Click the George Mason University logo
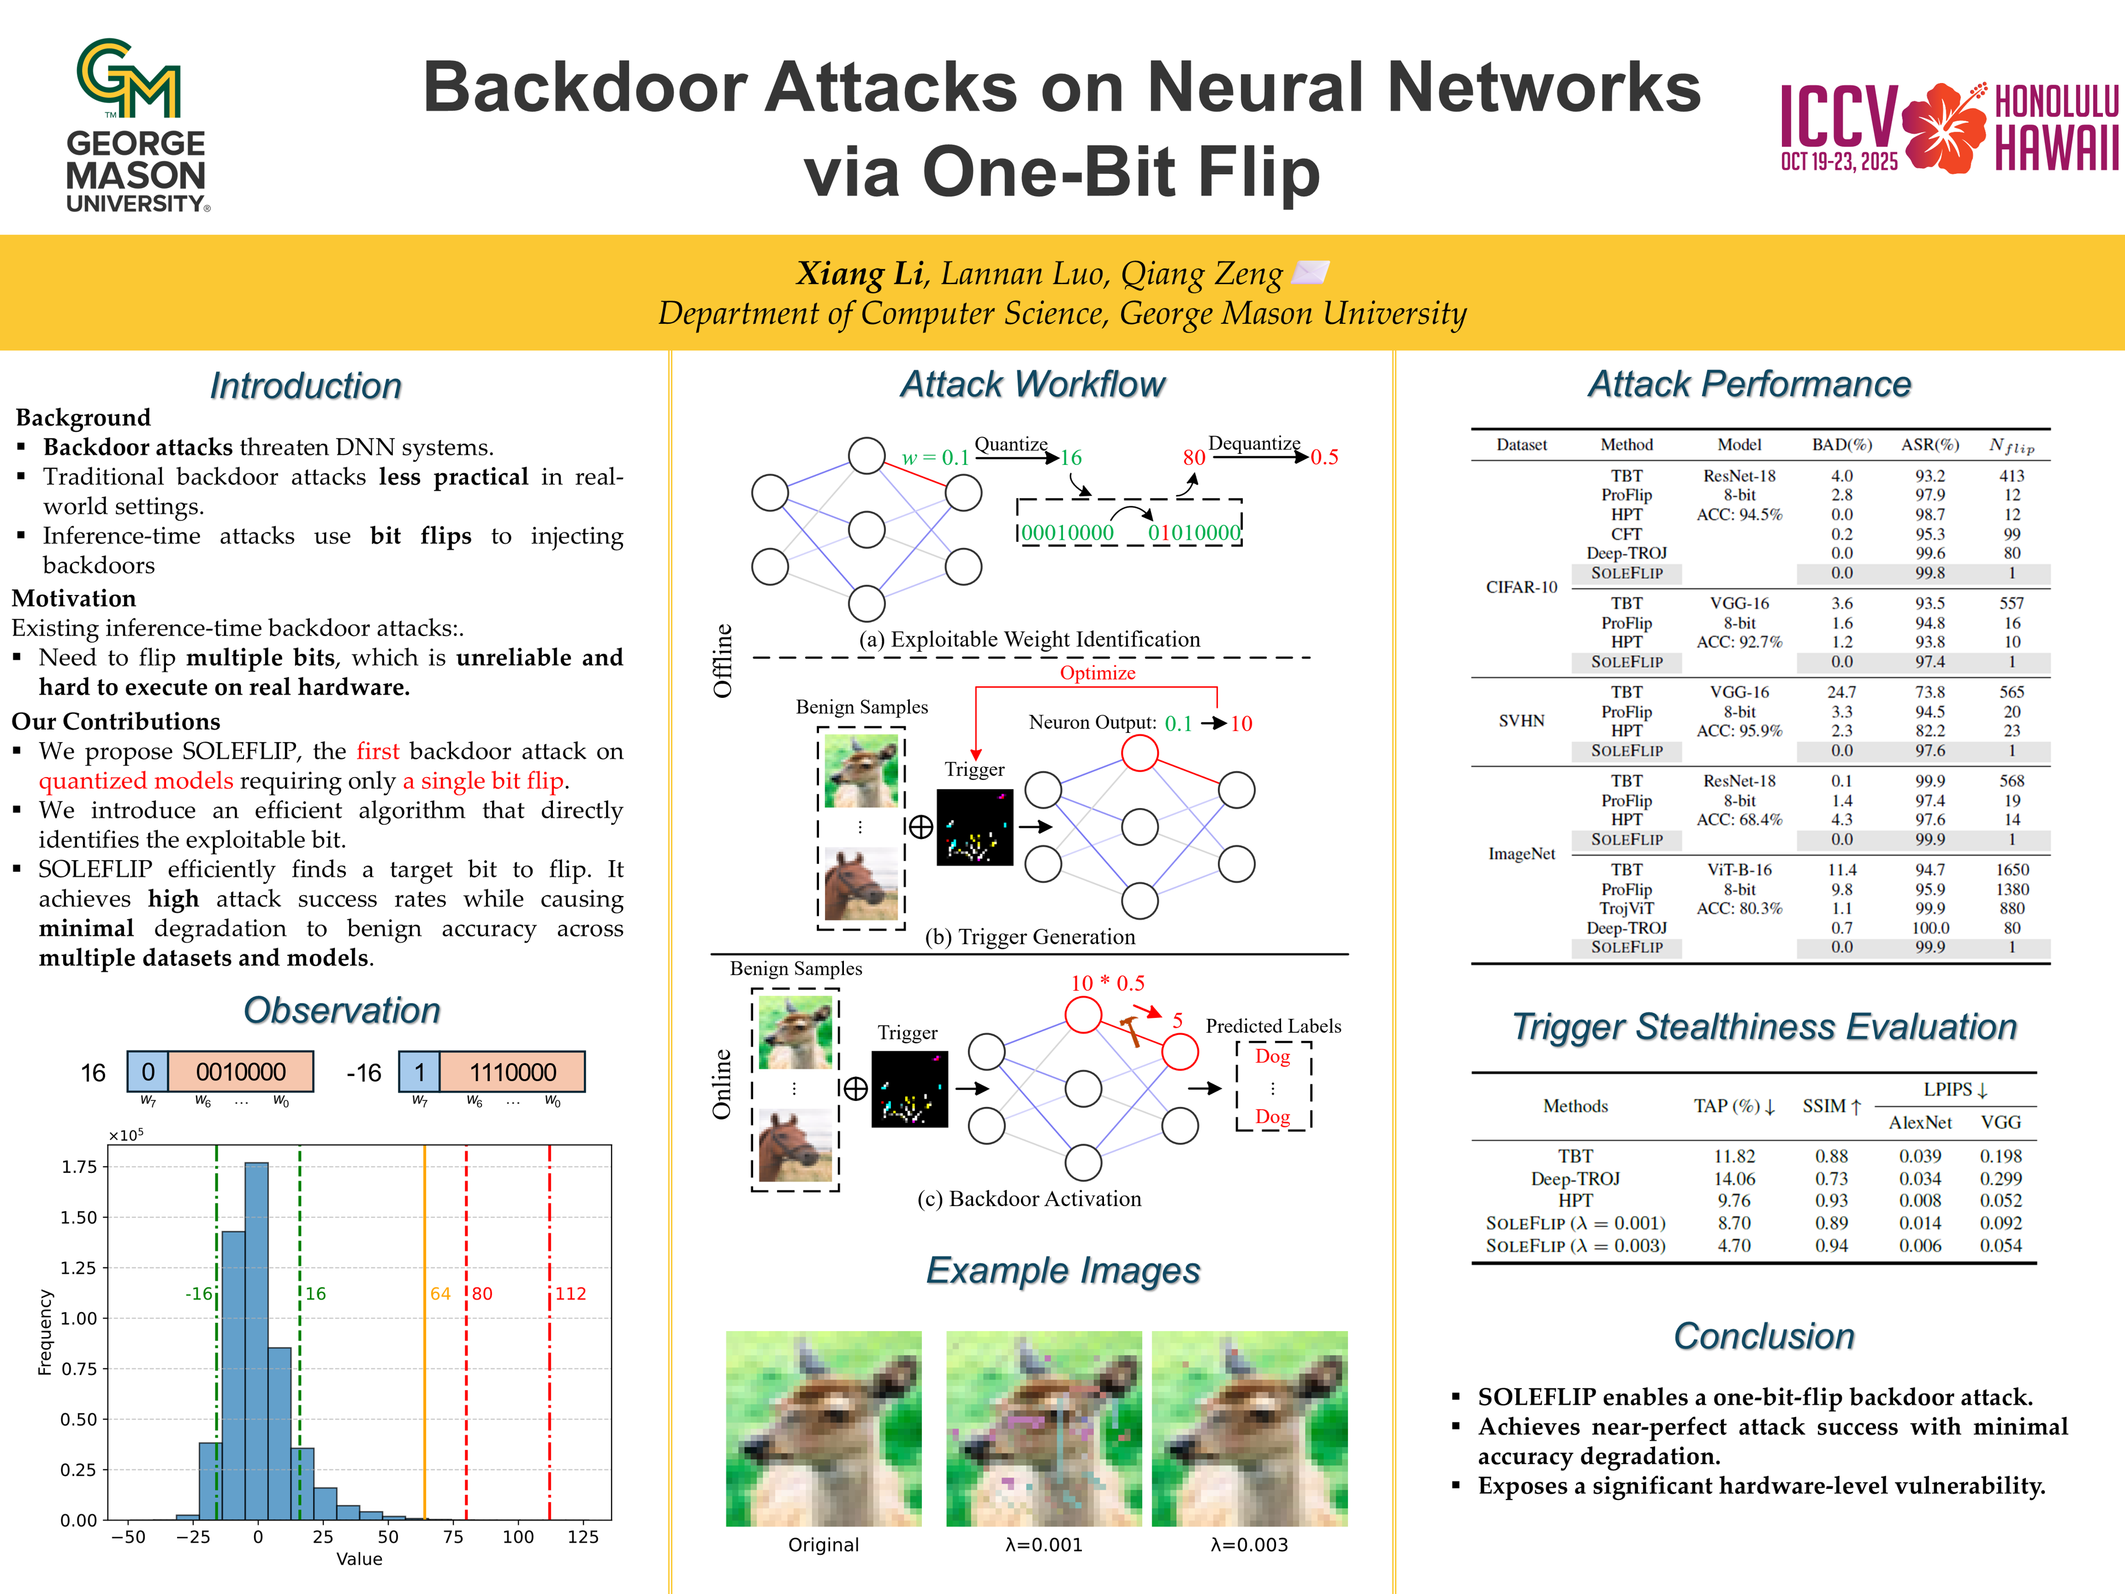[136, 125]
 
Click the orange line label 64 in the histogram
[440, 1293]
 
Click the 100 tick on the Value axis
[518, 1536]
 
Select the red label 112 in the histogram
[571, 1293]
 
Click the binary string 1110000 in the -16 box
[513, 1072]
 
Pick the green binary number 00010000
[1067, 532]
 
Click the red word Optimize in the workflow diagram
[1097, 672]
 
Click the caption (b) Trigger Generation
[1030, 937]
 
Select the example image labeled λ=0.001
[1044, 1428]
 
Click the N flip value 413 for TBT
[2012, 475]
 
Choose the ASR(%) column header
[1930, 445]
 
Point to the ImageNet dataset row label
[1522, 853]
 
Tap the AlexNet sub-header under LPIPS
[1920, 1122]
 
